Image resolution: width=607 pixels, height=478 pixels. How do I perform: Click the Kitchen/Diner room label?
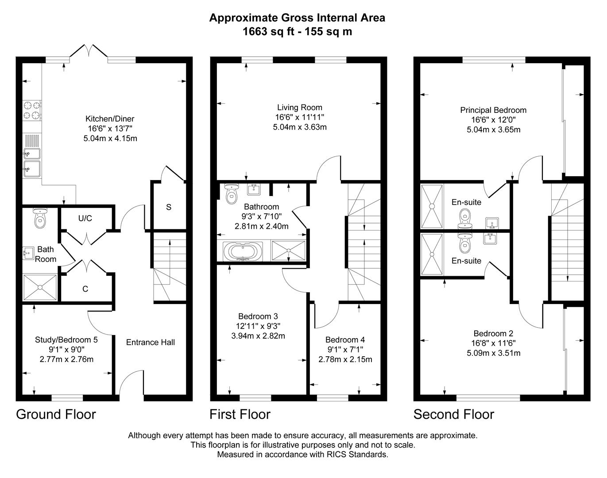tap(110, 119)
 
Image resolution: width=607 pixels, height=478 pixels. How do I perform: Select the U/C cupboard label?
tap(85, 218)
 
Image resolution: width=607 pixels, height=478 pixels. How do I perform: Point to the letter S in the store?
tap(169, 207)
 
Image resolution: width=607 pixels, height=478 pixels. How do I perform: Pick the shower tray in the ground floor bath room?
tap(40, 287)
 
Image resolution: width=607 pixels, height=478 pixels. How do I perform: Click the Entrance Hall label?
tap(151, 342)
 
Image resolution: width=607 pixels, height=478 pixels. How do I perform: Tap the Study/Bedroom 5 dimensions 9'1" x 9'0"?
tap(66, 350)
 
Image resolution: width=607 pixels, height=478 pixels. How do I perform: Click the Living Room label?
tap(300, 107)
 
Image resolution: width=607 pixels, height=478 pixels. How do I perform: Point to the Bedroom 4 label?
tap(345, 339)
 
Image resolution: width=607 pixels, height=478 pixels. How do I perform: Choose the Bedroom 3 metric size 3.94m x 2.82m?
tap(258, 336)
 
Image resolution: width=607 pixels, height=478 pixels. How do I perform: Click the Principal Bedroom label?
tap(493, 110)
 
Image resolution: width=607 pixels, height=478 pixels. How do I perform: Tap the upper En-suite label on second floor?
tap(466, 202)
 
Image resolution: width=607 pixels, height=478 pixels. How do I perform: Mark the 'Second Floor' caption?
tap(453, 414)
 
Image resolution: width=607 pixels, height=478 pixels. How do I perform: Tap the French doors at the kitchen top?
tap(89, 52)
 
